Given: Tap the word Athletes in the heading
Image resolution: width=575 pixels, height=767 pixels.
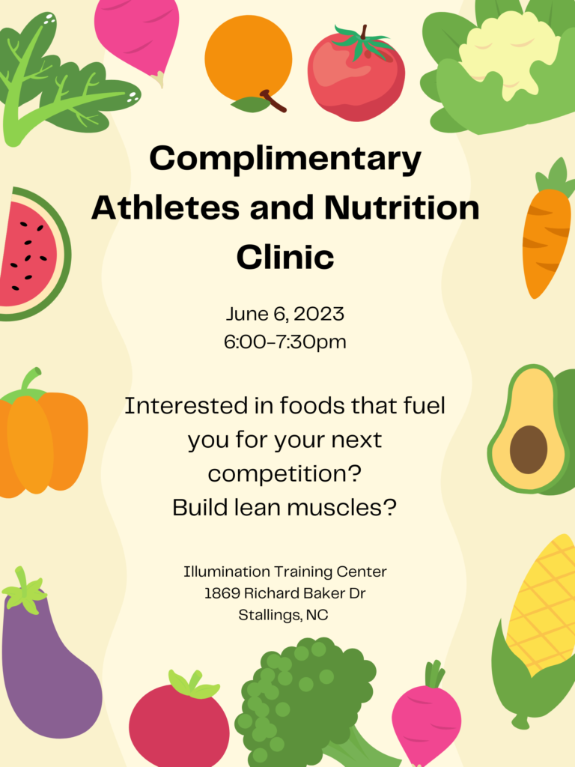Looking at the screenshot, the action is (x=165, y=207).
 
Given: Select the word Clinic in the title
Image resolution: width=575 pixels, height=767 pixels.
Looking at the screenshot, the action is (x=285, y=257).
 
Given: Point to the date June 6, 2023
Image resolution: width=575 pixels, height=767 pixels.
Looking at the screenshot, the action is (x=285, y=315).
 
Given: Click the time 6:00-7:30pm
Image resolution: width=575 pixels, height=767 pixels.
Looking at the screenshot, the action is (x=285, y=342).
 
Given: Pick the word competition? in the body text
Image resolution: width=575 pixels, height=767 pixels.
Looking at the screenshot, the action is (x=285, y=474).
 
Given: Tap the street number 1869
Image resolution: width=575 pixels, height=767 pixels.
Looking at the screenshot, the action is (x=222, y=593).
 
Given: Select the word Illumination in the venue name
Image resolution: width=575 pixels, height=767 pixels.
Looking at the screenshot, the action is (x=227, y=572).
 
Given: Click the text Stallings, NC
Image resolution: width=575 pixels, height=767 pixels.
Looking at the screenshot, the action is (x=283, y=615).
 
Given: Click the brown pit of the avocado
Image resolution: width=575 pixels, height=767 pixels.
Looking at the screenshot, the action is (x=529, y=449).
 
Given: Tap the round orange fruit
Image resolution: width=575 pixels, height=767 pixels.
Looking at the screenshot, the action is (x=249, y=58).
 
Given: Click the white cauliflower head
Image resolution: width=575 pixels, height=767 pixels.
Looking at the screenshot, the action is (x=508, y=54).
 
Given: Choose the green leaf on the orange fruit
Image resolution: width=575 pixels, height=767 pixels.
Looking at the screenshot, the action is (x=250, y=104).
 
